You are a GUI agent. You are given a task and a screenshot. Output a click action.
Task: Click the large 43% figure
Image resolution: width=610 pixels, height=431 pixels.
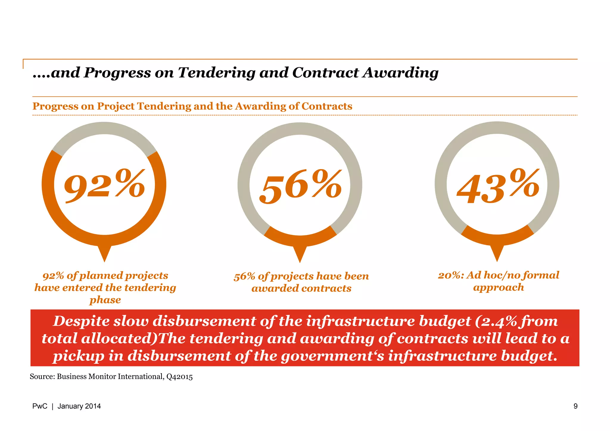pos(498,186)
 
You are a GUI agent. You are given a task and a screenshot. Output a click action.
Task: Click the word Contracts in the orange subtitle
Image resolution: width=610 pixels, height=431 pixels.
pos(327,106)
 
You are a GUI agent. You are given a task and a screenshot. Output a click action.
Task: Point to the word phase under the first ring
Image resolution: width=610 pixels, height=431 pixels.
pos(105,300)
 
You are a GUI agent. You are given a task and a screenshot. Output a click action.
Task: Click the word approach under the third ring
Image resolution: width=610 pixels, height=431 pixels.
pos(498,287)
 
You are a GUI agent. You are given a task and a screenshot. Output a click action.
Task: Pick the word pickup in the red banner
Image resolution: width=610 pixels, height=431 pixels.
pos(79,356)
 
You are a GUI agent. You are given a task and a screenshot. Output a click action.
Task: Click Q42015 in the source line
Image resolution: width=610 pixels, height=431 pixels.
pos(179,377)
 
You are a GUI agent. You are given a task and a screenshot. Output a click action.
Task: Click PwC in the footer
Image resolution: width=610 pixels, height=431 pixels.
pos(40,406)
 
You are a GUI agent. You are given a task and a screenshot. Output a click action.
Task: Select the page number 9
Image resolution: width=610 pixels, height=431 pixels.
pos(575,406)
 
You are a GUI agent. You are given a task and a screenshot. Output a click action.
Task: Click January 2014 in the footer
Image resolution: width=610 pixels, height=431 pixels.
pos(79,406)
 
